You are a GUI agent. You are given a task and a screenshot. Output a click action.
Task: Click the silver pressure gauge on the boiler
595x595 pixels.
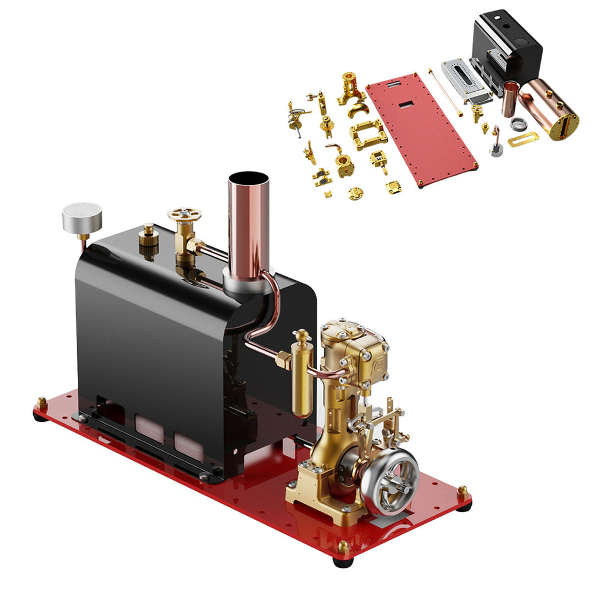tap(82, 216)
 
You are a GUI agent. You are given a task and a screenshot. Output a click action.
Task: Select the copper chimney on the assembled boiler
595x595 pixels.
tap(248, 221)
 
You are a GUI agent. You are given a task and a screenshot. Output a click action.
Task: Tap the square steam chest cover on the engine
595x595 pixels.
tap(373, 361)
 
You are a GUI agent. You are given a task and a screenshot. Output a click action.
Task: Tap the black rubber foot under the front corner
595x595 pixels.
tap(343, 561)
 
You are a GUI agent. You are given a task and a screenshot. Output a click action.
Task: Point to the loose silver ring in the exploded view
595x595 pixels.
tap(518, 123)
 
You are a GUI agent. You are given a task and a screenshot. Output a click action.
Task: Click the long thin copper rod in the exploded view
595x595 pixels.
tap(446, 93)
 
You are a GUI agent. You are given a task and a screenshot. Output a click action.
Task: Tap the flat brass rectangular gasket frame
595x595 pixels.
tap(523, 139)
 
